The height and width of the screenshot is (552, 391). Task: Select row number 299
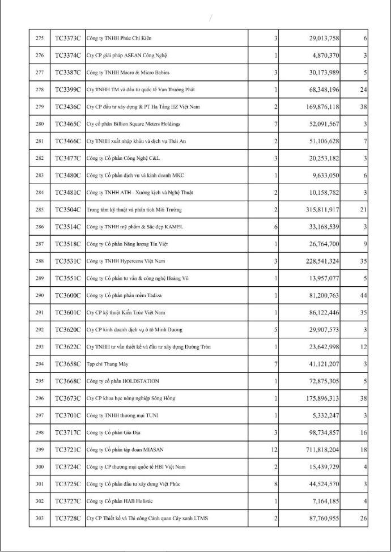[x=39, y=449]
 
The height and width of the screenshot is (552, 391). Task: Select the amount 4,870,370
[x=324, y=56]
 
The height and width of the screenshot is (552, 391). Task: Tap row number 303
[x=39, y=518]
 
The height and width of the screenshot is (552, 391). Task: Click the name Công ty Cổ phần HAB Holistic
[x=120, y=501]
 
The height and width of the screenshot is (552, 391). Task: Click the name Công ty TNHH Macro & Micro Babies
[x=127, y=73]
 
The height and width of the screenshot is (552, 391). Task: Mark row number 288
[x=39, y=261]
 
